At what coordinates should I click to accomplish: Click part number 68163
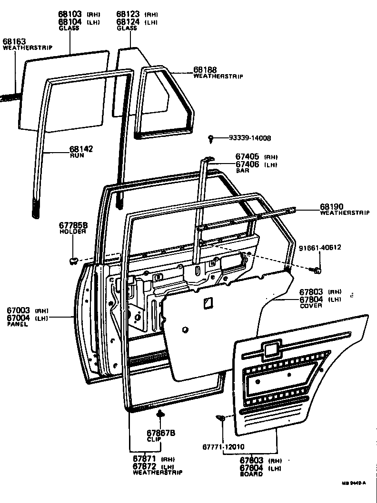tap(14, 41)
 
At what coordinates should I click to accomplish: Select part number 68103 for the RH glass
tap(69, 15)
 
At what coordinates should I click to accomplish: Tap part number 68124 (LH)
tap(128, 22)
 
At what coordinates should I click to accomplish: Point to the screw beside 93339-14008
tap(211, 139)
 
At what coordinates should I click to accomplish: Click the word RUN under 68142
tap(77, 155)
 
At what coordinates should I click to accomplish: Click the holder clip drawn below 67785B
tap(73, 260)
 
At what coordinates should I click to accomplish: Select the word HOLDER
tap(72, 232)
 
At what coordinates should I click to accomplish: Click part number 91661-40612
tap(320, 248)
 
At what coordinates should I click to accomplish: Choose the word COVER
tap(310, 306)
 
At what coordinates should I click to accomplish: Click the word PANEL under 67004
tap(17, 324)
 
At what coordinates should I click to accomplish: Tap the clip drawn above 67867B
tap(161, 413)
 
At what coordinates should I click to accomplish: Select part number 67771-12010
tap(223, 447)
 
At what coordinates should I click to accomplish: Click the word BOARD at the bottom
tap(251, 474)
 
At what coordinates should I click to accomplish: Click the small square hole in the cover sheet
tap(207, 302)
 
